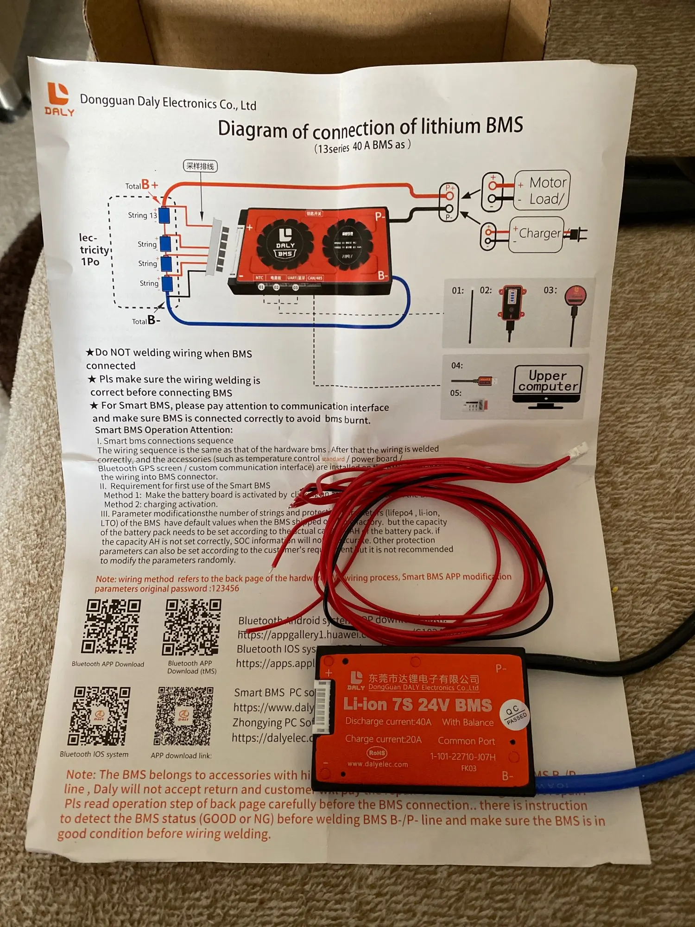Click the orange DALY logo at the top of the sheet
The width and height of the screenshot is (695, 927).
(x=59, y=98)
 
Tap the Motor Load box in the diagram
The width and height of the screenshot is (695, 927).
(x=542, y=190)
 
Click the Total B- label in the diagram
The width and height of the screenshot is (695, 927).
(x=146, y=320)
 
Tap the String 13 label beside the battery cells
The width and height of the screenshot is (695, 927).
(x=142, y=215)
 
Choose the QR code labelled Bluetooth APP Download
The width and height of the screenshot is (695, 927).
(x=111, y=627)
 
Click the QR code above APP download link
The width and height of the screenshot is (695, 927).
(x=183, y=716)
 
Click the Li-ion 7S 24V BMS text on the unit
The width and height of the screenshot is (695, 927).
(x=417, y=705)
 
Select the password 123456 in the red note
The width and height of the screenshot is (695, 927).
(x=225, y=588)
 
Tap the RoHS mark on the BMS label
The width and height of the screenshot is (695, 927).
(x=377, y=752)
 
